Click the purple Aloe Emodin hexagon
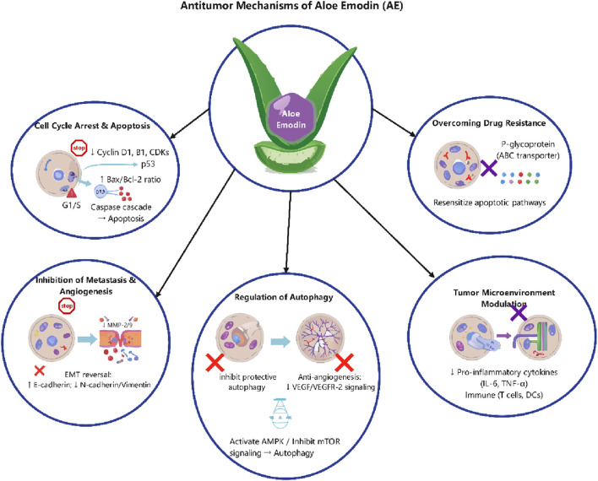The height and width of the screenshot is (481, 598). pyautogui.click(x=291, y=116)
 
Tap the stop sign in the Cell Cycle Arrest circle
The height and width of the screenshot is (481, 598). pyautogui.click(x=79, y=149)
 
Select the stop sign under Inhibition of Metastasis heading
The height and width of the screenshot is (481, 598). pyautogui.click(x=67, y=306)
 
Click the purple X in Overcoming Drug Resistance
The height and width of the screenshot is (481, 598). pyautogui.click(x=488, y=168)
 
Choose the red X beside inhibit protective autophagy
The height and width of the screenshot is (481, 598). pyautogui.click(x=215, y=362)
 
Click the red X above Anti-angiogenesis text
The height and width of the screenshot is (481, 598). pyautogui.click(x=344, y=362)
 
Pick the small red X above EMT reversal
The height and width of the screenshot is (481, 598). pyautogui.click(x=40, y=370)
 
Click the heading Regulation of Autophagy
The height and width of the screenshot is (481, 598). pyautogui.click(x=283, y=297)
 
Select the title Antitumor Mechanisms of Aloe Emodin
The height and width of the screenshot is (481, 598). pyautogui.click(x=291, y=6)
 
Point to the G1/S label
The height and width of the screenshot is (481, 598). pyautogui.click(x=70, y=207)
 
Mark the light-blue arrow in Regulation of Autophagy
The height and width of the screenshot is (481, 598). pyautogui.click(x=280, y=341)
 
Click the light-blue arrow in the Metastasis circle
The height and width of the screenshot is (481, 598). pyautogui.click(x=87, y=339)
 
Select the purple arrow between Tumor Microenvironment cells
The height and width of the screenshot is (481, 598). pyautogui.click(x=503, y=335)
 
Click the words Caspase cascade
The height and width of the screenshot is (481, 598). pyautogui.click(x=121, y=208)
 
